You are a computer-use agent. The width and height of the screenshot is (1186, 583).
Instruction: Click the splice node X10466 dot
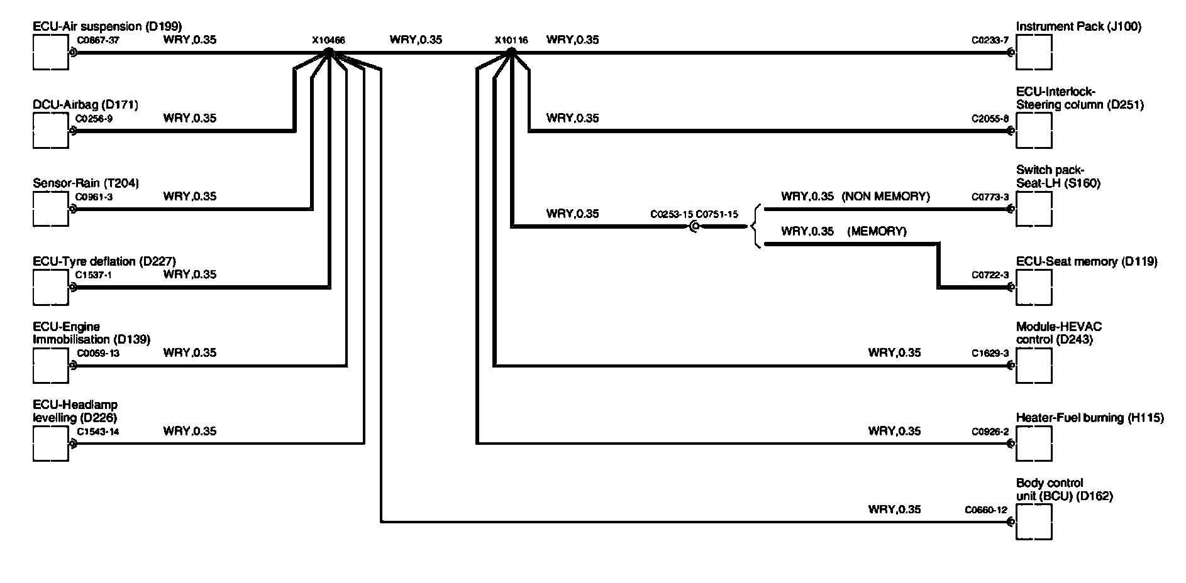[328, 53]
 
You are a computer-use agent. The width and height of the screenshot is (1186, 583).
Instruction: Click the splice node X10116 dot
[512, 53]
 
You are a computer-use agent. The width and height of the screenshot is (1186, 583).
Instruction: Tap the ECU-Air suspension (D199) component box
[50, 52]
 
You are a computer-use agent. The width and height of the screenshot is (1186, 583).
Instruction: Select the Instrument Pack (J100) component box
[1034, 52]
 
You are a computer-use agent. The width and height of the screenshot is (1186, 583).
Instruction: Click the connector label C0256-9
[94, 118]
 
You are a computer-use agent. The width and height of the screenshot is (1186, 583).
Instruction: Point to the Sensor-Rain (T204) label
[86, 183]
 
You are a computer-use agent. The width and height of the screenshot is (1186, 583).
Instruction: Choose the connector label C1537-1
[94, 275]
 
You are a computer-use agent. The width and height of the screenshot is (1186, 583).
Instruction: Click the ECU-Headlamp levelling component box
[50, 444]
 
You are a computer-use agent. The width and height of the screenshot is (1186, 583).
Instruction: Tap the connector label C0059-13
[98, 353]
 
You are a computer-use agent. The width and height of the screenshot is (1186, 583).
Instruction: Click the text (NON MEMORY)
[885, 197]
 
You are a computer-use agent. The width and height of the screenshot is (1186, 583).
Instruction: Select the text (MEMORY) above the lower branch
[877, 232]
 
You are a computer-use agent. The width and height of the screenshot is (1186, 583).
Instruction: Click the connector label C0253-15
[672, 214]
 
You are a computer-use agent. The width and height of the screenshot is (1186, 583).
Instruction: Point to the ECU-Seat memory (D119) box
[1034, 287]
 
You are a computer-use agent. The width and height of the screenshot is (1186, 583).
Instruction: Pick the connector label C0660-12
[986, 510]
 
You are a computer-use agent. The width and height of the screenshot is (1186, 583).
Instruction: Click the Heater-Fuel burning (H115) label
[1090, 418]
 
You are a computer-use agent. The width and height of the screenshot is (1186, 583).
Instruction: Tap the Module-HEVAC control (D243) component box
[1034, 366]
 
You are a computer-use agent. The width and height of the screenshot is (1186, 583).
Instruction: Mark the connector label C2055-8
[990, 118]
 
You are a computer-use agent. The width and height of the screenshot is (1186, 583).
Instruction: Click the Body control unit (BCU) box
[1034, 522]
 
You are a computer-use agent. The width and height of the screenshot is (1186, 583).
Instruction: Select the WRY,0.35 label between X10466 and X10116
[416, 40]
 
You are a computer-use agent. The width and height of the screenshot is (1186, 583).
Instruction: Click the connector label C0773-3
[990, 197]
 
